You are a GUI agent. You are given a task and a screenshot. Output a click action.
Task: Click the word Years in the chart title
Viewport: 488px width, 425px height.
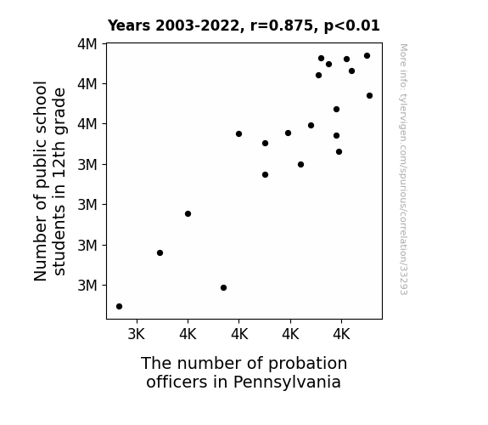pos(129,25)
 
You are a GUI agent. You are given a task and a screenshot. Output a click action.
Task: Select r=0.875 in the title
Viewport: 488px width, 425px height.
pos(282,25)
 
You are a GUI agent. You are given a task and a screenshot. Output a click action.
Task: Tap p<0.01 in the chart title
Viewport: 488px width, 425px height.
pos(352,26)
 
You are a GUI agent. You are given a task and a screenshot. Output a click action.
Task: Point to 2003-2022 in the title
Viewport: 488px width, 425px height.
pos(197,25)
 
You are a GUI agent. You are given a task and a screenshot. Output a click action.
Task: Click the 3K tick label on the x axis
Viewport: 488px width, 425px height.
pos(137,334)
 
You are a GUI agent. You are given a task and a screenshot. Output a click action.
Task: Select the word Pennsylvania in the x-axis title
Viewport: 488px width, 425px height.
pos(287,382)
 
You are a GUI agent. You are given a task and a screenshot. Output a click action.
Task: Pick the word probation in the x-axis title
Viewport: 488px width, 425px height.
pos(307,364)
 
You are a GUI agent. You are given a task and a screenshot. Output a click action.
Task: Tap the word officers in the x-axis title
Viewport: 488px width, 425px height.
pos(177,382)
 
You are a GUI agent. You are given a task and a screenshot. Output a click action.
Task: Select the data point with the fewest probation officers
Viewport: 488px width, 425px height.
pos(119,307)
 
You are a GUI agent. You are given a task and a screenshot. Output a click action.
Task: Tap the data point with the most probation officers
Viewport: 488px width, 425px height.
pos(369,96)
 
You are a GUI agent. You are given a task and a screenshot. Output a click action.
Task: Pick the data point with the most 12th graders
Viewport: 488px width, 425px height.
pos(367,56)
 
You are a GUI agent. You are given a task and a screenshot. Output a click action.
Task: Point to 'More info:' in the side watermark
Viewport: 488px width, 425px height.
pos(404,65)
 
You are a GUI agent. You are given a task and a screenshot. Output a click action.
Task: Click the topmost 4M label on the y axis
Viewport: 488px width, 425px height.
pos(87,44)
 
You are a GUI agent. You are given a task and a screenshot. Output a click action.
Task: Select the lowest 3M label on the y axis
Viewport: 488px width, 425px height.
pos(87,286)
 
